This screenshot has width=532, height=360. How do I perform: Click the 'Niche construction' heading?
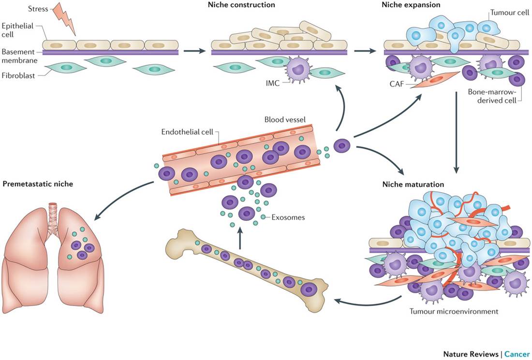tap(241, 5)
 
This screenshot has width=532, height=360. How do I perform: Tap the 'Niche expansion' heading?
tap(411, 5)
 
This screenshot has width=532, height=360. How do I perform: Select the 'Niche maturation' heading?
tap(413, 185)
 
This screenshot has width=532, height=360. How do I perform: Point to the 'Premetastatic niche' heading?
tap(38, 184)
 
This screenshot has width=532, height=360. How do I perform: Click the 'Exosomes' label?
tap(288, 217)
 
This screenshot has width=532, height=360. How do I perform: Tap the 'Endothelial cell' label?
tap(187, 132)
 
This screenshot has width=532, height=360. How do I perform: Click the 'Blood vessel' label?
tap(285, 120)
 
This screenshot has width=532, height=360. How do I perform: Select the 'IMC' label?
tap(273, 83)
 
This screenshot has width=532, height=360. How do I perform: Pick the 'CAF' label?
tap(397, 84)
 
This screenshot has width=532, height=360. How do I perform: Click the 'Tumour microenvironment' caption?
tap(454, 311)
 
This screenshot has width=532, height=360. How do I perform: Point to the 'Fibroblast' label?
tap(18, 75)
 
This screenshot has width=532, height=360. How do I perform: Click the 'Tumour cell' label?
tap(510, 13)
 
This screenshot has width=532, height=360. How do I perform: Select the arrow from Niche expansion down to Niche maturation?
tap(457, 132)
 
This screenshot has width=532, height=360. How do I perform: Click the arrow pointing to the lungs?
tap(122, 198)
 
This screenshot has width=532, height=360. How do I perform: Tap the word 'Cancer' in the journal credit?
tap(517, 354)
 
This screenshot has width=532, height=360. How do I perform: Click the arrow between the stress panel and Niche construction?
tap(194, 51)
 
